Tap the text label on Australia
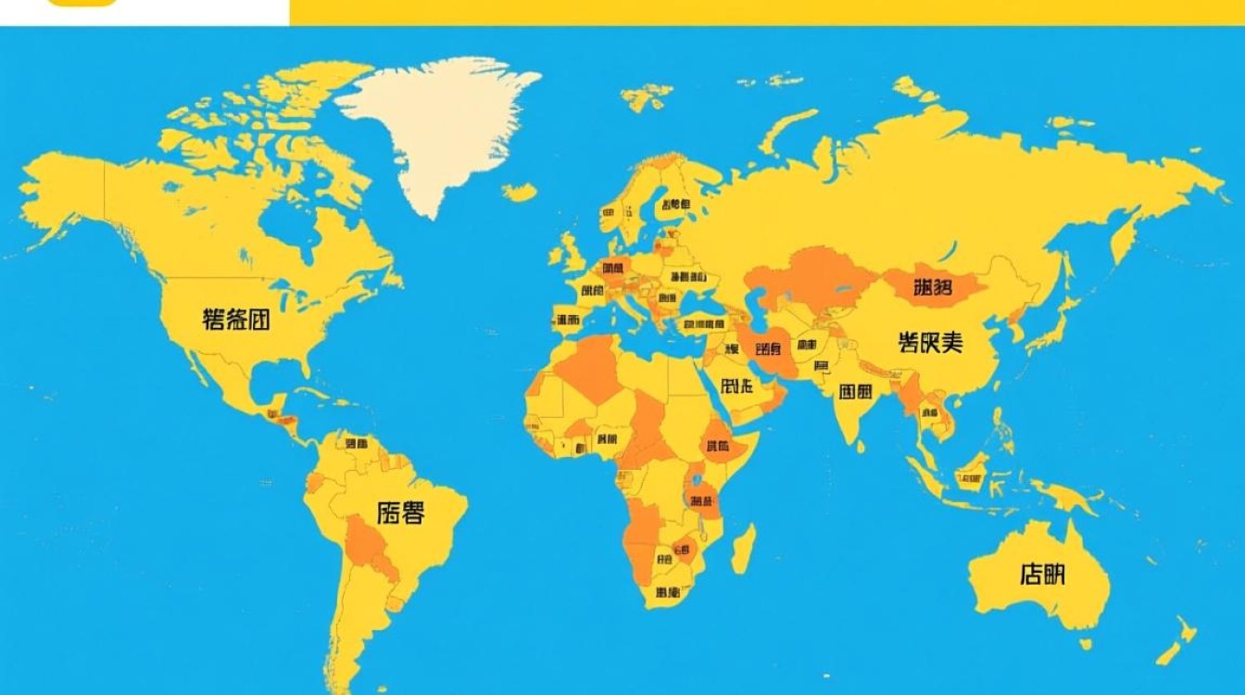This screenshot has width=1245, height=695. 1042,575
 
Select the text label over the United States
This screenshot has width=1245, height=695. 236,321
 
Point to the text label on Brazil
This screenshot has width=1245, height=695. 401,512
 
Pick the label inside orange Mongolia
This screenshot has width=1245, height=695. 932,287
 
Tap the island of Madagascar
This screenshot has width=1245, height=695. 744,548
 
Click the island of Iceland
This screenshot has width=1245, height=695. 520,192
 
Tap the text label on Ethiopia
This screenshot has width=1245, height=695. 718,446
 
